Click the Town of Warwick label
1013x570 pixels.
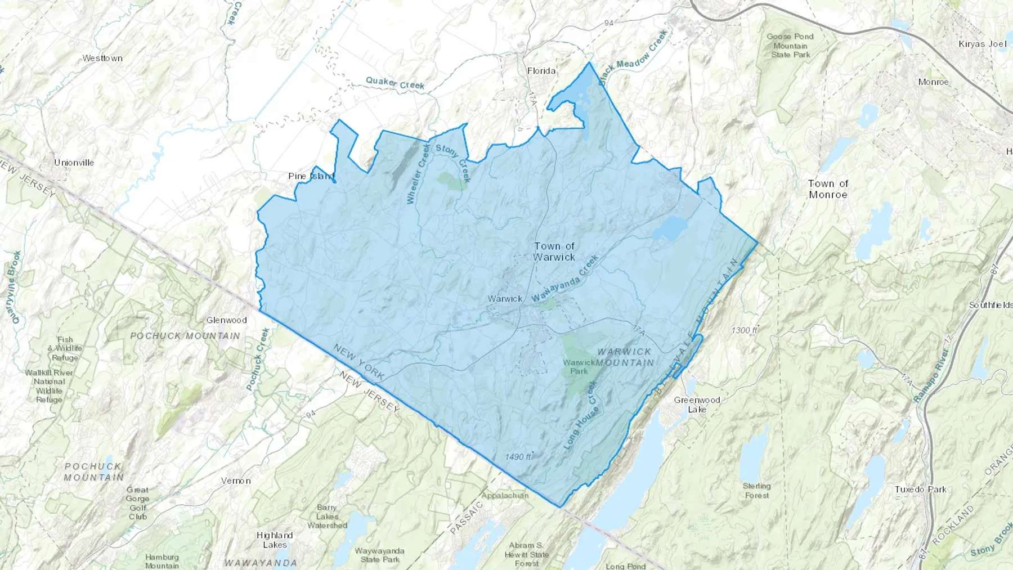click(554, 252)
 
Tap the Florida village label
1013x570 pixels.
click(541, 71)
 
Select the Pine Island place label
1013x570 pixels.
click(311, 176)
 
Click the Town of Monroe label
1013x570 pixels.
click(828, 189)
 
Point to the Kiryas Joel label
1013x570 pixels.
click(982, 44)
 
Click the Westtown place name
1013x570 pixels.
click(102, 59)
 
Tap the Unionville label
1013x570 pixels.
click(74, 163)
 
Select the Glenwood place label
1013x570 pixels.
click(226, 320)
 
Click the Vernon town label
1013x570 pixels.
click(235, 481)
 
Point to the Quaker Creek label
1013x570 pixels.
click(395, 83)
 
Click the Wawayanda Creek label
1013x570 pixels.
click(564, 279)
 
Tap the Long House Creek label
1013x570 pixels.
click(581, 415)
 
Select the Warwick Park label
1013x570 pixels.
click(579, 367)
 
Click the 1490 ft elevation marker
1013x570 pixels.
click(518, 457)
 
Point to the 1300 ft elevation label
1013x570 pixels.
click(744, 330)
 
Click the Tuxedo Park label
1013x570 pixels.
click(921, 490)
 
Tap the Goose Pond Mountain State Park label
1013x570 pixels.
click(790, 46)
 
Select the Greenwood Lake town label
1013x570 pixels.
click(697, 405)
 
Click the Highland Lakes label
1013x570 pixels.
click(275, 540)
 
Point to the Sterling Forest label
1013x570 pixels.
click(756, 491)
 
